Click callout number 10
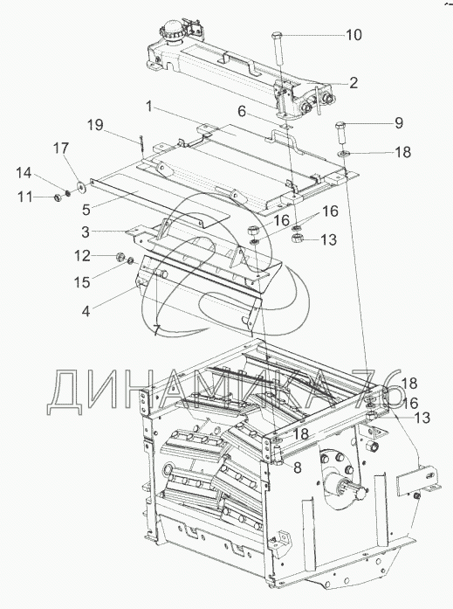(353, 35)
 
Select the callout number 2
(353, 83)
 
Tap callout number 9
(399, 123)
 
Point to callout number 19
(95, 125)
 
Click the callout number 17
(61, 148)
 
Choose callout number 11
(24, 197)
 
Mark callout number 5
(86, 210)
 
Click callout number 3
(86, 232)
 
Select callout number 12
(83, 256)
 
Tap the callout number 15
(82, 282)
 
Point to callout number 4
(86, 311)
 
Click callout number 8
(298, 468)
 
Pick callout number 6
(242, 112)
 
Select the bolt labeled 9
(340, 132)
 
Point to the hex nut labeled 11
(57, 198)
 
